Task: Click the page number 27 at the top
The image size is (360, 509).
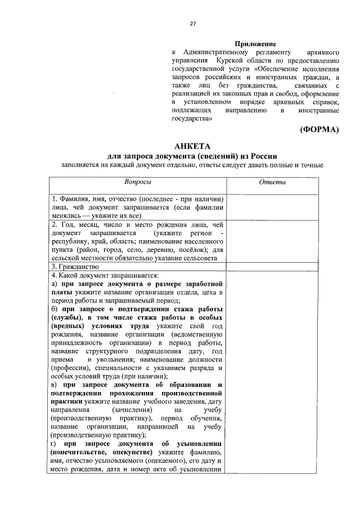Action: point(192,24)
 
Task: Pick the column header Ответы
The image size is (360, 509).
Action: point(272,182)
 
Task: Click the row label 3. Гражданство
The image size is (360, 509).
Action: point(75,266)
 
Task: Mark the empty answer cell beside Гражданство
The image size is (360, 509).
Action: point(272,266)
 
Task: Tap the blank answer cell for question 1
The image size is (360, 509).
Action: point(272,206)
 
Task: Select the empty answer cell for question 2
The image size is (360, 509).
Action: point(272,241)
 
